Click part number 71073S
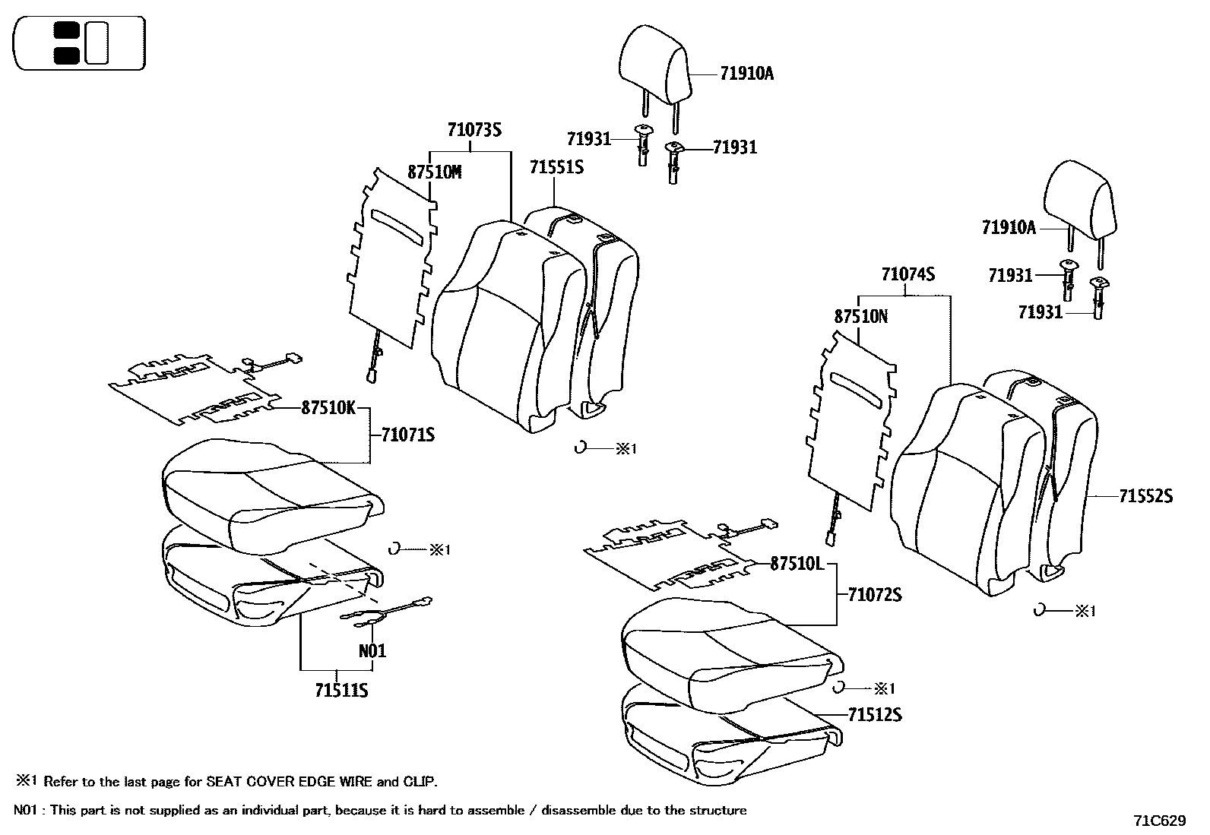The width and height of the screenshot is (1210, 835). (474, 130)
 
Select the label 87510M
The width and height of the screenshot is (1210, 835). (434, 172)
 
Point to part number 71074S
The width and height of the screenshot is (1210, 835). (907, 275)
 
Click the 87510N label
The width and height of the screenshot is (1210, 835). (860, 317)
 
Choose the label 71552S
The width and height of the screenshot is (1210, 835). (1145, 496)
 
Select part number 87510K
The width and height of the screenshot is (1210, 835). (328, 408)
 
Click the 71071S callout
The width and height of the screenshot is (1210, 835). (408, 435)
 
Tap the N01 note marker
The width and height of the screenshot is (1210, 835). (372, 651)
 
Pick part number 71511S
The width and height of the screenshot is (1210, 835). (341, 691)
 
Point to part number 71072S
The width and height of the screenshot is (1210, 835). (875, 595)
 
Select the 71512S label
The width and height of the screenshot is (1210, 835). (875, 715)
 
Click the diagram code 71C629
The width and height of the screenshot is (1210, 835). (1159, 821)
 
